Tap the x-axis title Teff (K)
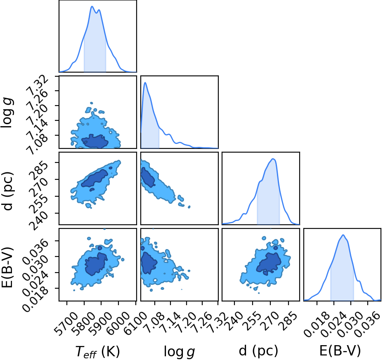click(x=97, y=352)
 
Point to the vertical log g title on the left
click(x=7, y=112)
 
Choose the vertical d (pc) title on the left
click(x=7, y=188)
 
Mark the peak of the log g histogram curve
click(x=145, y=82)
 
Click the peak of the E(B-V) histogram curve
click(x=343, y=235)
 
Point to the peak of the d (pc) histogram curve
click(x=273, y=159)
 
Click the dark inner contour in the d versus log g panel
click(x=147, y=177)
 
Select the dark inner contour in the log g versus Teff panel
click(x=95, y=141)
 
